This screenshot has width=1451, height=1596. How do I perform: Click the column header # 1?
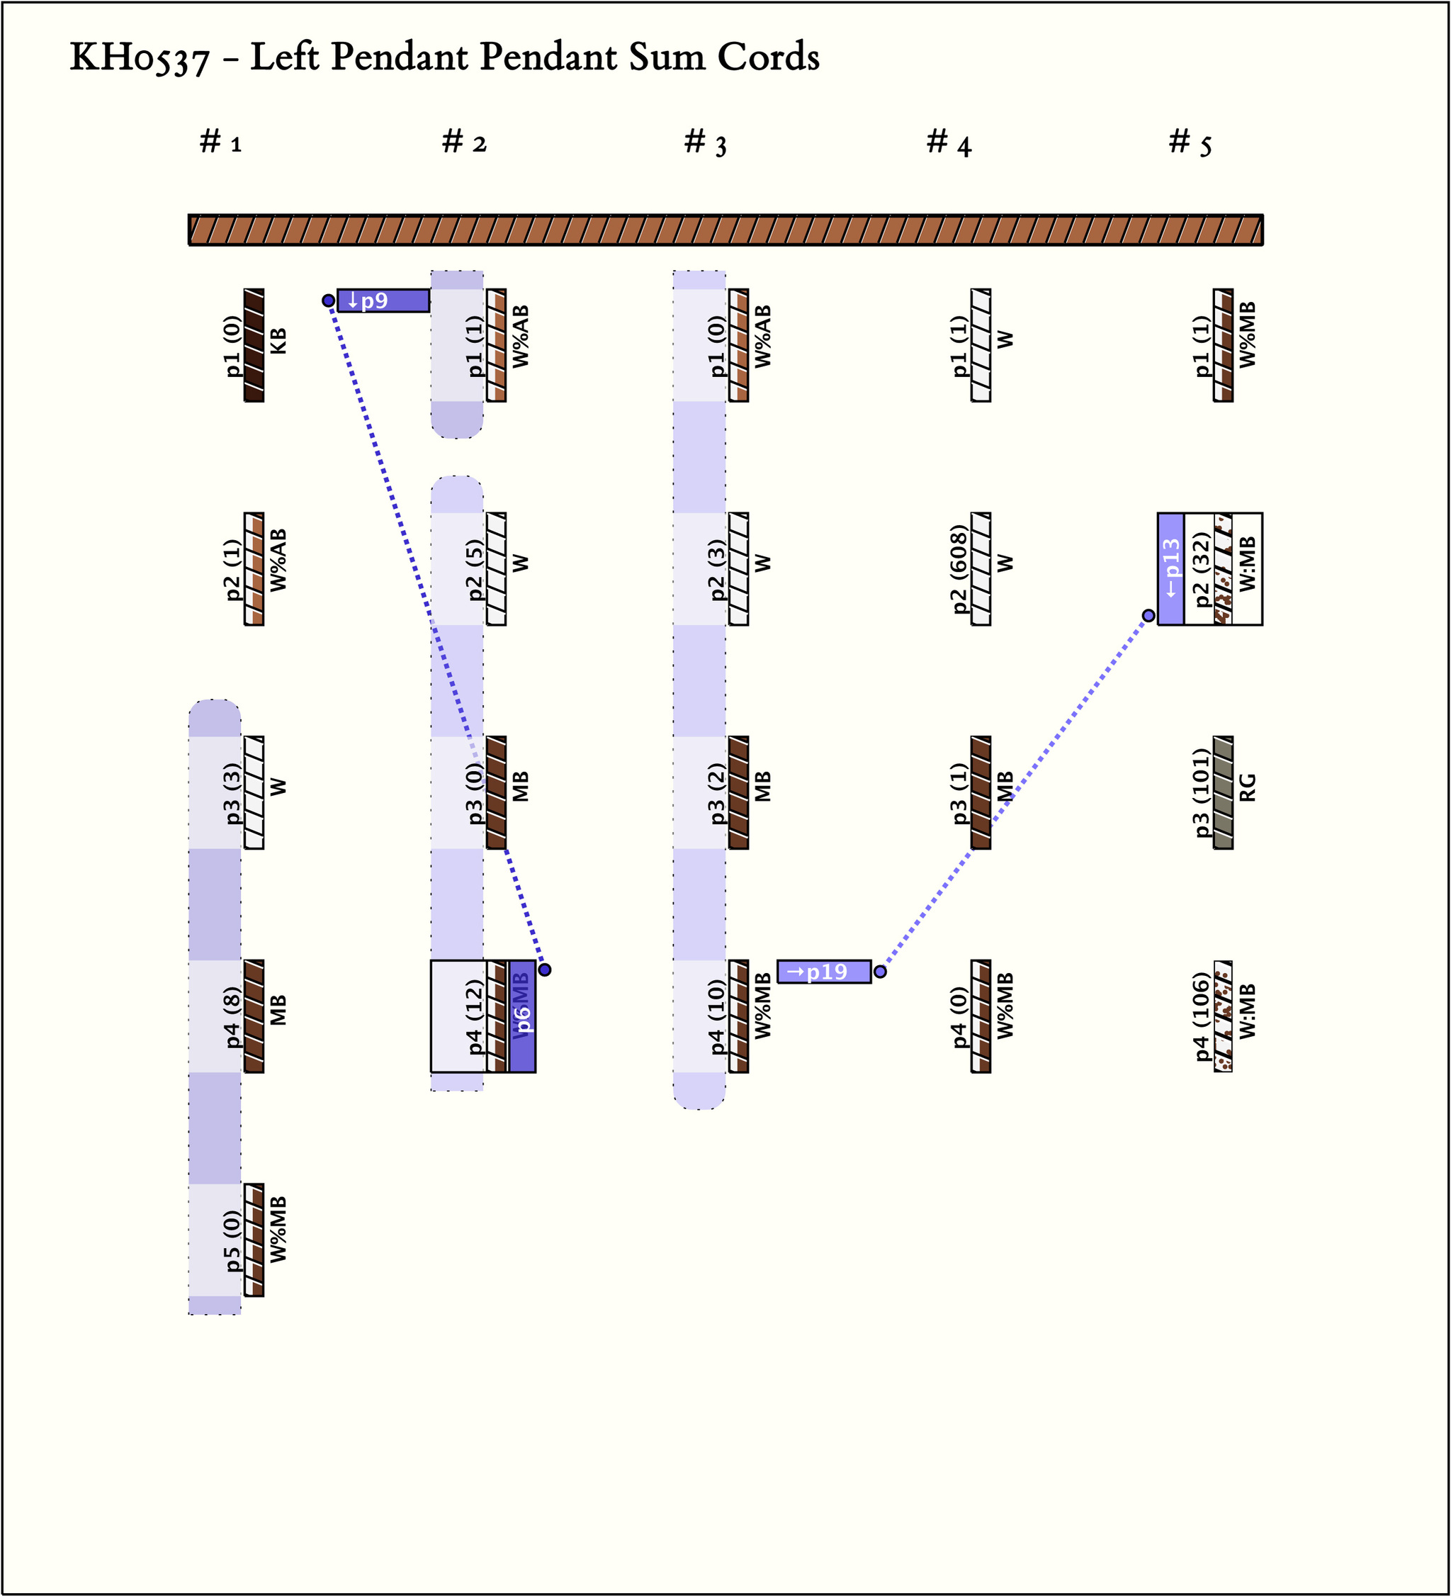click(220, 142)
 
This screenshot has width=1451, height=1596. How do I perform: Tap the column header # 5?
click(1190, 142)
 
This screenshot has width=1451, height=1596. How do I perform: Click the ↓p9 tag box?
click(383, 300)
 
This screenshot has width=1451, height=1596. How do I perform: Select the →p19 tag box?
click(823, 972)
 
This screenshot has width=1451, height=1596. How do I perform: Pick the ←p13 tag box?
click(1170, 568)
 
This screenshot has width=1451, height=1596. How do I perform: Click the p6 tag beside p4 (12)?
click(521, 1016)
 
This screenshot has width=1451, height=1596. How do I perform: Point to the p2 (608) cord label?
click(959, 568)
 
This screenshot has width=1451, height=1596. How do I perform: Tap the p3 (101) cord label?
click(1202, 792)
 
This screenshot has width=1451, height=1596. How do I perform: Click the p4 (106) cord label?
click(1202, 1016)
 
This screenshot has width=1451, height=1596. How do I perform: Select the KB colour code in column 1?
click(278, 341)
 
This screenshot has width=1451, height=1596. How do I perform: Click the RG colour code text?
click(1247, 787)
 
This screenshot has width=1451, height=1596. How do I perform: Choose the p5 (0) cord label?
click(232, 1240)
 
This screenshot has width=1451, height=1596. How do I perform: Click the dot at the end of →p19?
click(879, 972)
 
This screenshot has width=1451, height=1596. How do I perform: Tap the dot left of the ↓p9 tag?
click(329, 300)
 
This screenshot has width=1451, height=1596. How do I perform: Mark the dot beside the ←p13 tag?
click(1148, 615)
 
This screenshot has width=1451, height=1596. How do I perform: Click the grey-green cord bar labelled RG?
click(1223, 792)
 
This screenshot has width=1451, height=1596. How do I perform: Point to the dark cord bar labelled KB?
click(254, 345)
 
